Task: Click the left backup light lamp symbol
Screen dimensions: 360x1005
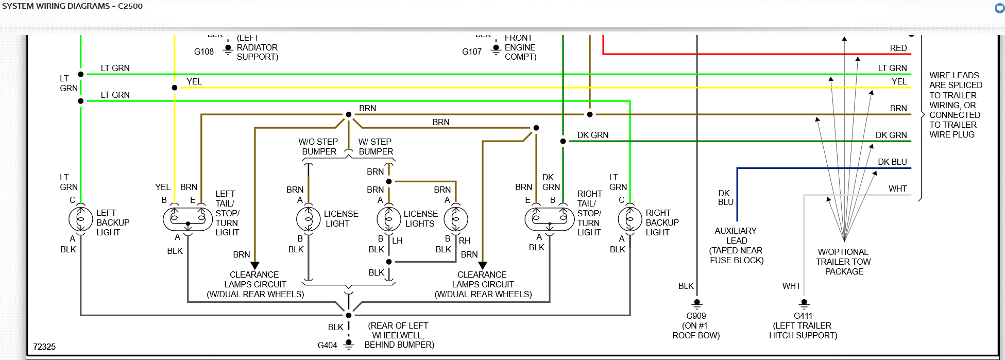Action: pos(81,219)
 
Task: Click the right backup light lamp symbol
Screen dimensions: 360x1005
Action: pos(629,219)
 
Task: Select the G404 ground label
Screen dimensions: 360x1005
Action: pos(327,345)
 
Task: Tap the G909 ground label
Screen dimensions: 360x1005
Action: pos(696,316)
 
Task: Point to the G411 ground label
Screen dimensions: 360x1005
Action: pos(803,316)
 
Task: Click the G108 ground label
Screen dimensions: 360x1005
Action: pos(204,52)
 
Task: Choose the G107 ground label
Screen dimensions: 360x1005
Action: pos(472,52)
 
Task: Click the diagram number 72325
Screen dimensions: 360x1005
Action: pos(44,347)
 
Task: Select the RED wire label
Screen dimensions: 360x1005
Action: pos(898,48)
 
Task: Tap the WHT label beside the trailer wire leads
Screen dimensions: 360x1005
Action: pos(897,188)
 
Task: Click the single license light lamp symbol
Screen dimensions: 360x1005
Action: pos(309,219)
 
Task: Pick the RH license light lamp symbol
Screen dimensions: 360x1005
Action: pos(456,219)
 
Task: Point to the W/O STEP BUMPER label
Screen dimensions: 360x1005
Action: pos(319,146)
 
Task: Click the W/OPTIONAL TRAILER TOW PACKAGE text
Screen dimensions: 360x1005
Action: pos(843,262)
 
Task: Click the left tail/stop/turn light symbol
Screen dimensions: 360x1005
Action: pos(188,219)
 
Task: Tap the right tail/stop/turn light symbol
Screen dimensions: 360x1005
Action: pos(549,219)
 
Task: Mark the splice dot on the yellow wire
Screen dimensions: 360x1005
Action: pos(175,88)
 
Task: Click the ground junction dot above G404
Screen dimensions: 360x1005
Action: pos(349,315)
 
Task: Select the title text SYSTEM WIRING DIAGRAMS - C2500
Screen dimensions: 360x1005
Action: pos(72,6)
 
